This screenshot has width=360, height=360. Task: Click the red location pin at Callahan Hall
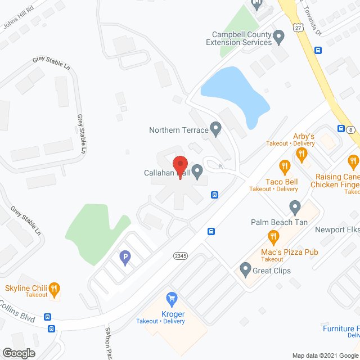(x=180, y=164)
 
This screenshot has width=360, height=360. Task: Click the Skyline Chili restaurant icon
(x=54, y=289)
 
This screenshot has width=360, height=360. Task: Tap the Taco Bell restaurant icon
(x=285, y=166)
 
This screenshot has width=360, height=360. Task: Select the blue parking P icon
(x=124, y=258)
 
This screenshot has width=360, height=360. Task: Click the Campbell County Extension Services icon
(x=278, y=38)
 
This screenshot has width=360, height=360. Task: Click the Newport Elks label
(x=337, y=229)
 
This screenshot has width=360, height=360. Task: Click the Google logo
(x=18, y=353)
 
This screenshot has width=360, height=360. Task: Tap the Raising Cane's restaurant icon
(x=353, y=163)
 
